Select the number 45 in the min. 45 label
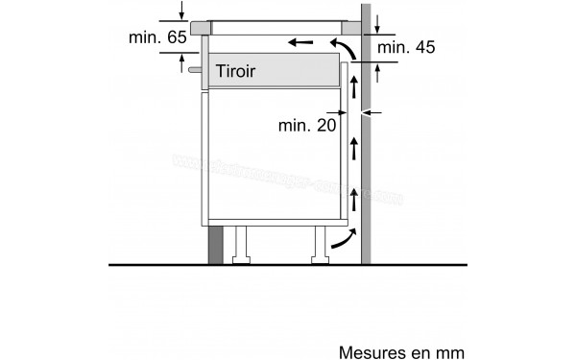[421, 47]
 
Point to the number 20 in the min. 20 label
[325, 125]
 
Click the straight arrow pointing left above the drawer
[300, 42]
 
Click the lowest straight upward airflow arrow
[354, 200]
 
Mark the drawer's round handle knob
[197, 69]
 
